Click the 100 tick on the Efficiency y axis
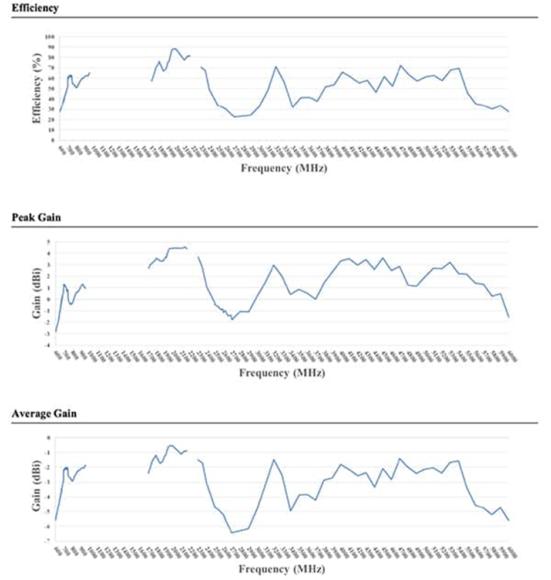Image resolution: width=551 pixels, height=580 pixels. click(x=49, y=36)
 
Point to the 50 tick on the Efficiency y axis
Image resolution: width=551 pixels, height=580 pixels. click(x=50, y=88)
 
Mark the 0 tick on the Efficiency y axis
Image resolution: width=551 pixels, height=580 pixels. click(x=52, y=141)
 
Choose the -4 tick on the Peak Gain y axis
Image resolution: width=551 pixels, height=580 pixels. click(x=50, y=345)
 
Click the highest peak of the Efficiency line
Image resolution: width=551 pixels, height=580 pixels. click(x=173, y=48)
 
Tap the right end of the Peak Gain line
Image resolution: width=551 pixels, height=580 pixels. click(x=509, y=318)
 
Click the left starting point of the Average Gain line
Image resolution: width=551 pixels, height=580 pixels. click(x=56, y=521)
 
